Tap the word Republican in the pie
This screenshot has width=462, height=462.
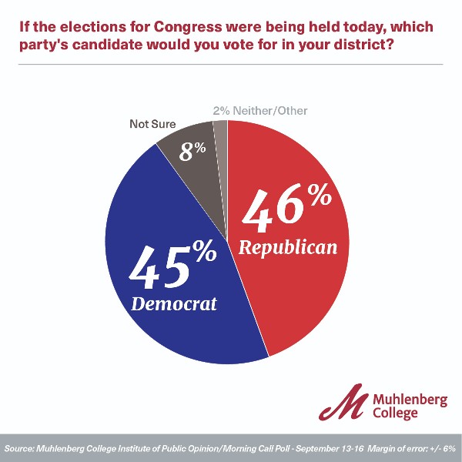click(287, 247)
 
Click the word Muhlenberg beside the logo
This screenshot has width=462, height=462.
click(413, 399)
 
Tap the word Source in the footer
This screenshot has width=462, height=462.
click(21, 448)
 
